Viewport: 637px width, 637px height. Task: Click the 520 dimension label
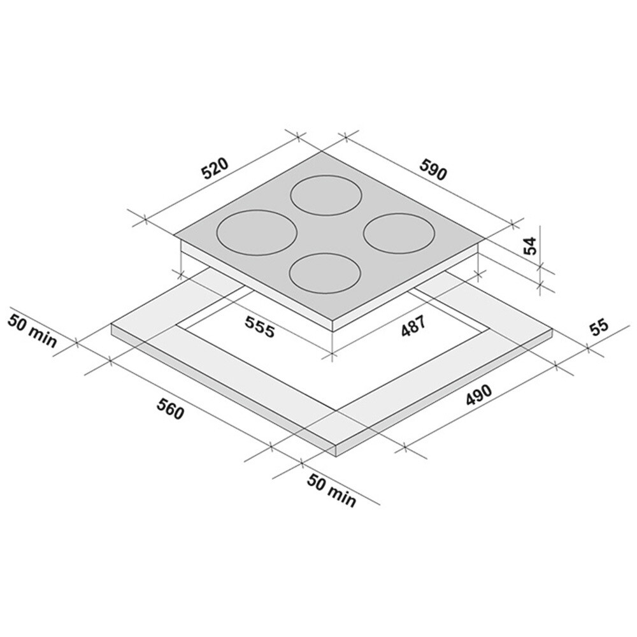[x=216, y=168]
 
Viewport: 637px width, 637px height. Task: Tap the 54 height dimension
[x=531, y=245]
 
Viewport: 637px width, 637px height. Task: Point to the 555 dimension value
[x=260, y=326]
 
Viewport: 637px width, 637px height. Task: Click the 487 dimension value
[x=413, y=326]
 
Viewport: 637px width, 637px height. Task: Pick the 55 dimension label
[x=599, y=328]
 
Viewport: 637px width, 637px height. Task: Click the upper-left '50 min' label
[x=32, y=331]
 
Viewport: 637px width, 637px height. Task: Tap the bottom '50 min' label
[x=332, y=490]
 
